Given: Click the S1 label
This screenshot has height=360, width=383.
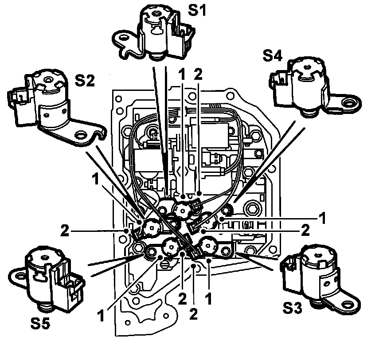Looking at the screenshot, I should tap(198, 10).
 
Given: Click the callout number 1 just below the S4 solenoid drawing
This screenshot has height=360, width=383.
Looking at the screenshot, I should tap(322, 218).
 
